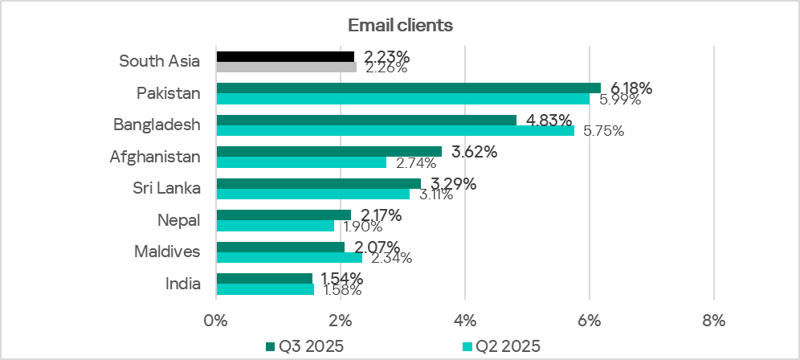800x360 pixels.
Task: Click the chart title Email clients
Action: [x=400, y=26]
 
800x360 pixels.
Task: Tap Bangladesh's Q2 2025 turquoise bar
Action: [x=395, y=130]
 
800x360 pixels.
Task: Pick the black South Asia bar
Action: [x=285, y=56]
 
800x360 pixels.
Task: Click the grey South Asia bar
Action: [x=286, y=67]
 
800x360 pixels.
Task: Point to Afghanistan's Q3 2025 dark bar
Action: [x=329, y=151]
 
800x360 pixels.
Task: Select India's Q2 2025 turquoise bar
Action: [x=265, y=288]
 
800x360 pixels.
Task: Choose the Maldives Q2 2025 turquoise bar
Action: [x=289, y=257]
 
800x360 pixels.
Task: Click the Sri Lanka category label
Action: [x=166, y=188]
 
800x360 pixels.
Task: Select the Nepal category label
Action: [x=178, y=219]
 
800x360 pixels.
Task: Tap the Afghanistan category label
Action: [x=155, y=157]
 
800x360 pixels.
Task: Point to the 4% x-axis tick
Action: [x=465, y=320]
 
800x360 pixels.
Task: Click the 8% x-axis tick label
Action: [x=713, y=320]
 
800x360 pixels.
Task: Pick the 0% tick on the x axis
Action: [x=216, y=320]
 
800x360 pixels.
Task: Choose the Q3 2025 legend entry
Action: [x=304, y=346]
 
